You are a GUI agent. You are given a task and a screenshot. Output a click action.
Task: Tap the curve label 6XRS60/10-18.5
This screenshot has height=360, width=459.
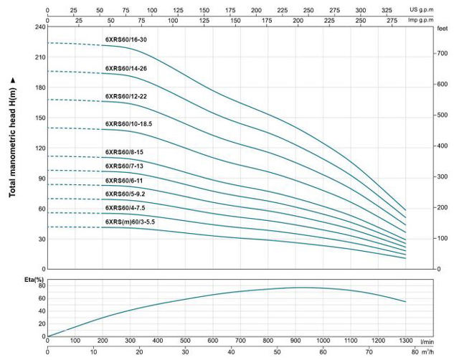[129, 124]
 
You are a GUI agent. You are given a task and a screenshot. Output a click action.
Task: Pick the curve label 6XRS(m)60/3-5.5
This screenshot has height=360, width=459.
[130, 222]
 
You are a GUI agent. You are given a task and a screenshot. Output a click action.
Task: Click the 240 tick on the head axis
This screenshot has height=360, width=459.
[39, 27]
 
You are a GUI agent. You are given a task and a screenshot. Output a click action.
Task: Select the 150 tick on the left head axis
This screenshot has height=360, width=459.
[39, 118]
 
